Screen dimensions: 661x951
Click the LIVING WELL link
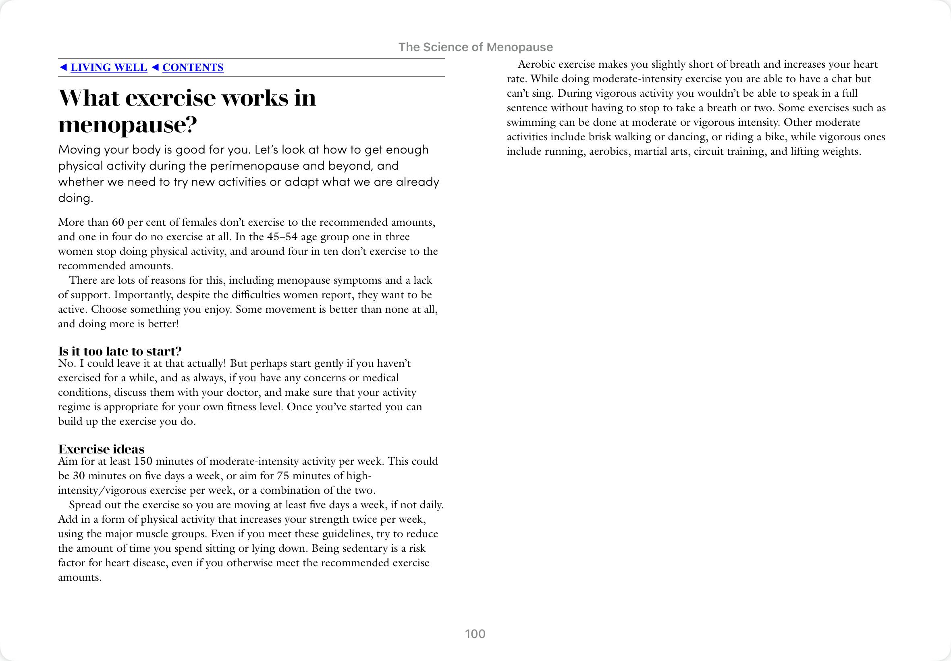(x=108, y=67)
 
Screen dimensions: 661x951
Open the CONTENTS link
(x=193, y=67)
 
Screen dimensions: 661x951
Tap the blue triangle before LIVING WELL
(x=63, y=67)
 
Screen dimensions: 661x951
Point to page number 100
(x=475, y=634)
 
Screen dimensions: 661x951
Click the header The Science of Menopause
(x=475, y=47)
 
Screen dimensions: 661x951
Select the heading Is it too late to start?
(x=120, y=351)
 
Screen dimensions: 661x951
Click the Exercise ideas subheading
(x=101, y=449)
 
